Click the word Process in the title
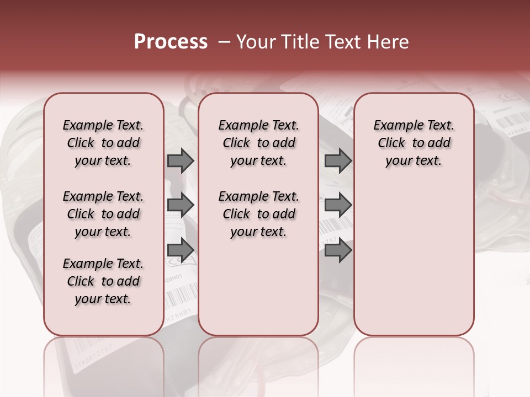(x=171, y=42)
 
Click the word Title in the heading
(x=295, y=42)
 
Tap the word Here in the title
(x=388, y=42)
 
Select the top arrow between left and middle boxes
(x=181, y=161)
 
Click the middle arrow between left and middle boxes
(x=181, y=206)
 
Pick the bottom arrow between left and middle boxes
(x=181, y=250)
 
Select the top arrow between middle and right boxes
(x=338, y=161)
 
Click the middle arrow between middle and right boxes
(x=338, y=206)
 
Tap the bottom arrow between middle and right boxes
(x=338, y=250)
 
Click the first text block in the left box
(x=103, y=143)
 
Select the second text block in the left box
(x=103, y=214)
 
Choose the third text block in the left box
(x=103, y=281)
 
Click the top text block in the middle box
(x=258, y=143)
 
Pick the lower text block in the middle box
(x=258, y=214)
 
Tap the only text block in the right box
(x=414, y=143)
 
